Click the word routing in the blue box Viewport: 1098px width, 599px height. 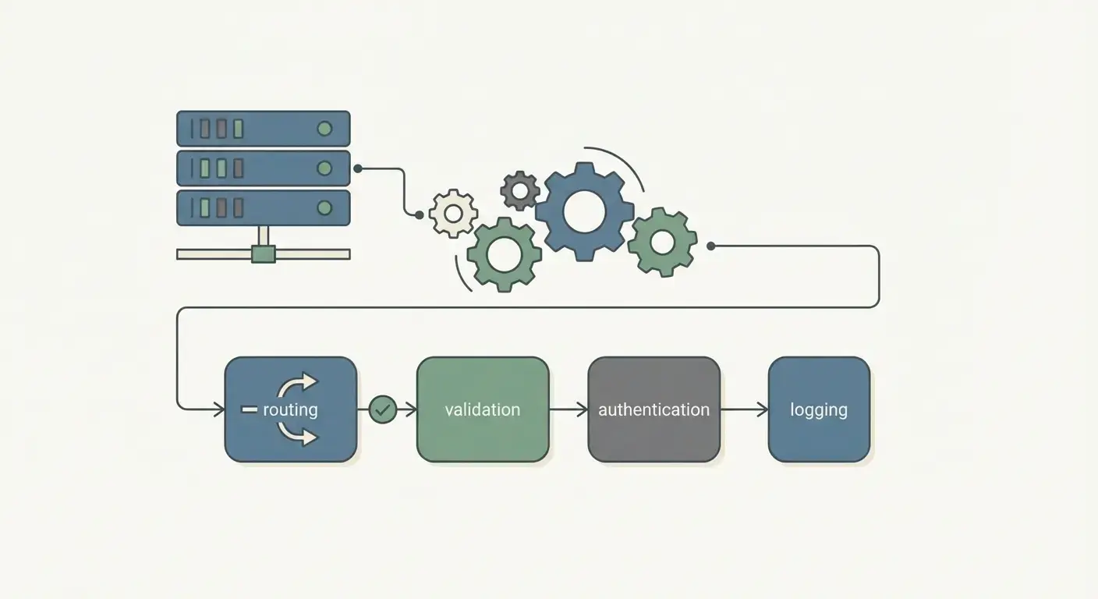click(x=290, y=409)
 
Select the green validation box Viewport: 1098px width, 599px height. click(x=483, y=409)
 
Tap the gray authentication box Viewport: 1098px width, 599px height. click(x=653, y=409)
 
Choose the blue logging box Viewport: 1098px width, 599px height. click(x=819, y=409)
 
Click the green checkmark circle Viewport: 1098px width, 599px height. click(x=383, y=409)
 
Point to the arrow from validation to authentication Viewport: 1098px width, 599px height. click(x=568, y=409)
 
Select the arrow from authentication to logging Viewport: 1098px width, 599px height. click(x=744, y=409)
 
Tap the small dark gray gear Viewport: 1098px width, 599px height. click(x=520, y=190)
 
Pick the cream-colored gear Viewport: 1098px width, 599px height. click(x=453, y=213)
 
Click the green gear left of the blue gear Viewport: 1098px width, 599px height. click(x=504, y=254)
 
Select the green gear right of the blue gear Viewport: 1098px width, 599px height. click(x=662, y=242)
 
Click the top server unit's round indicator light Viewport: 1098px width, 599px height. click(x=324, y=129)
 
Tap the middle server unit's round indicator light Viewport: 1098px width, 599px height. click(x=324, y=168)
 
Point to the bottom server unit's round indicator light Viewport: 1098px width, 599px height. click(x=324, y=207)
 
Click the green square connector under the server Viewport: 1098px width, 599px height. click(x=264, y=253)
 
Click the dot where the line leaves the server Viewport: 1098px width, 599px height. click(x=357, y=168)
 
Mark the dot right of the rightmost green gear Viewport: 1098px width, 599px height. click(x=710, y=246)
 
